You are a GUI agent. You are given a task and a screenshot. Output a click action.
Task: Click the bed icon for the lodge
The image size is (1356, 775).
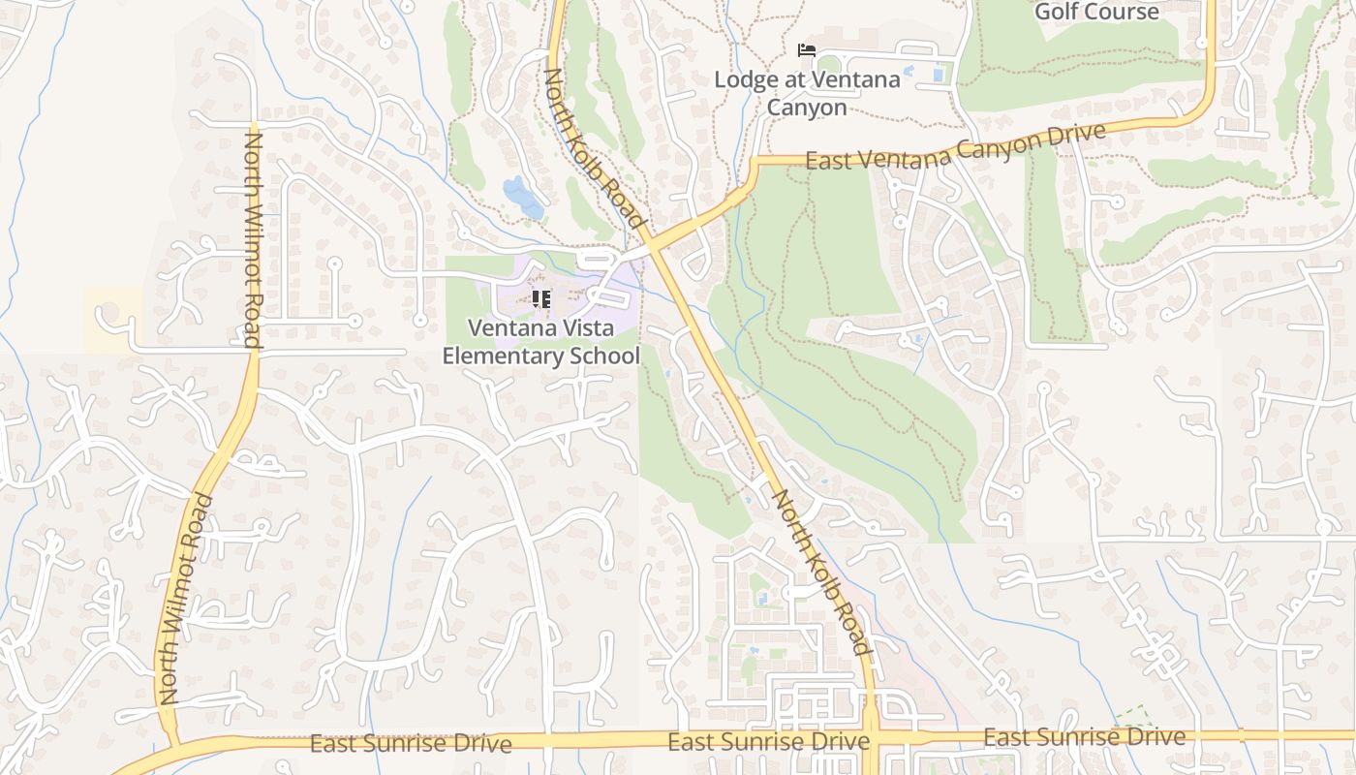coord(806,50)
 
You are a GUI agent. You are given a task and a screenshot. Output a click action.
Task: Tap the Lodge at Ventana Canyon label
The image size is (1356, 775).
coord(807,93)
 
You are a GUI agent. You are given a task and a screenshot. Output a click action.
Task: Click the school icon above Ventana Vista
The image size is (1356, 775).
coord(541,299)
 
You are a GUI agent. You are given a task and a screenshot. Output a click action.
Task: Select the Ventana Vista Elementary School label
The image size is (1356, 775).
coord(541,342)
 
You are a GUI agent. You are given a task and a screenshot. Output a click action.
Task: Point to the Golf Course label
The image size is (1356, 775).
coord(1096,12)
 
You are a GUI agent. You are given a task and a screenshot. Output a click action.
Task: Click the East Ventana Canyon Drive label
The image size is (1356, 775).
coord(955,148)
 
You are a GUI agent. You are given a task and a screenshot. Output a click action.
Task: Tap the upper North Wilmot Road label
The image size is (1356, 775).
coord(252,239)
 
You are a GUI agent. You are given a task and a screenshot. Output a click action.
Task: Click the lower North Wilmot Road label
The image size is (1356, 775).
coord(185,599)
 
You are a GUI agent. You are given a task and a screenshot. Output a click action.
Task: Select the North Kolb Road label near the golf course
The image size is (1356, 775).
coord(593,147)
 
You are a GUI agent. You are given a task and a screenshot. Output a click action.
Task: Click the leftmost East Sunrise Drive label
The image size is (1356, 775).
coord(411,744)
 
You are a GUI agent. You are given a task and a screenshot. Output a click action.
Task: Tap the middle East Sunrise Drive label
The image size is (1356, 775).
coord(768,742)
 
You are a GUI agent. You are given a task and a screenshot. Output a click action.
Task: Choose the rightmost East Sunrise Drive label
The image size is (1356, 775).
coord(1084,737)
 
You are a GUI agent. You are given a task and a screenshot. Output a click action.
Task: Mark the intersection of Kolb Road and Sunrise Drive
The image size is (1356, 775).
coord(870,738)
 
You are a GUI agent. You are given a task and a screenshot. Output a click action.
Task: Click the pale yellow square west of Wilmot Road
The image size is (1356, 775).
coord(112,319)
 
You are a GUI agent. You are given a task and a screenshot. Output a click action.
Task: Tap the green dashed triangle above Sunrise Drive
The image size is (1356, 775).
coord(1129,718)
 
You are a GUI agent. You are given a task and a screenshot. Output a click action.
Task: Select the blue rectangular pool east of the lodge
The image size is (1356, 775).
coord(938,73)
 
